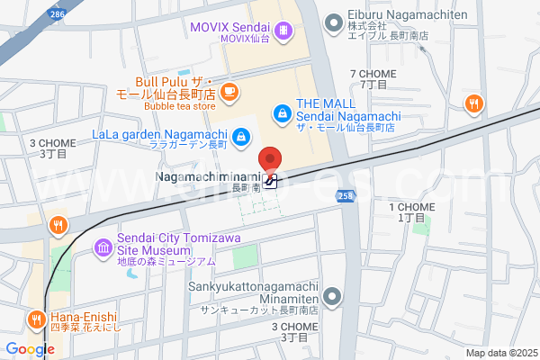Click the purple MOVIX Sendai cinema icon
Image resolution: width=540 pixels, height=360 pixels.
tap(284, 31)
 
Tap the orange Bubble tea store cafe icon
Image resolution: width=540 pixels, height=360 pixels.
tap(229, 91)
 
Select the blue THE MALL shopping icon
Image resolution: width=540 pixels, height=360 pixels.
tap(282, 112)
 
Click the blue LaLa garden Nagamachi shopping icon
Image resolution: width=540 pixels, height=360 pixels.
tap(241, 137)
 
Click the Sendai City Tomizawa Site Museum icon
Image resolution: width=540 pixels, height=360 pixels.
tap(103, 246)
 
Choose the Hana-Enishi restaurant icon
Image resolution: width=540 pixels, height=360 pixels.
tap(36, 319)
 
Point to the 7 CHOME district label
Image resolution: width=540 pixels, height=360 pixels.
tap(373, 77)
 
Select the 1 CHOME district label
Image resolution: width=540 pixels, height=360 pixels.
tap(411, 212)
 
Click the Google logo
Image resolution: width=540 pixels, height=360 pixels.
tap(31, 349)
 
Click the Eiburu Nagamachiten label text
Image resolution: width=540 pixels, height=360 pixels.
tap(409, 16)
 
